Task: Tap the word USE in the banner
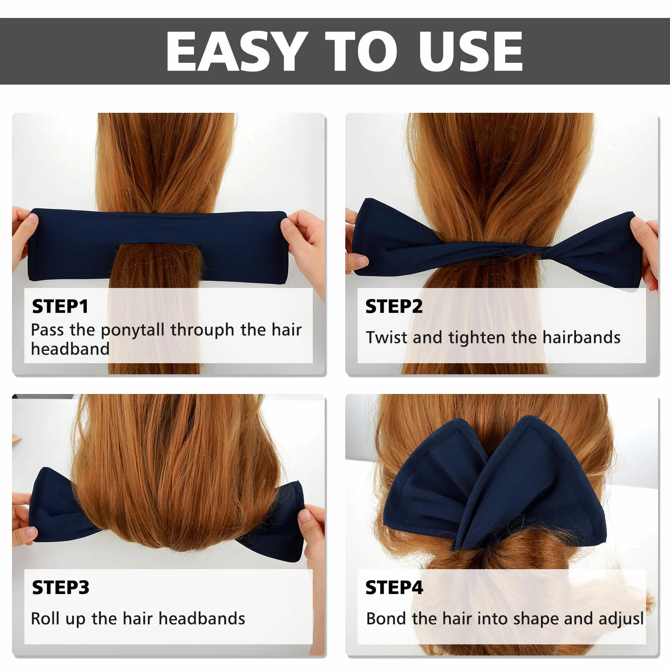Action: (x=470, y=51)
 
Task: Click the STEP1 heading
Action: (x=60, y=306)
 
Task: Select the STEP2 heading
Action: (x=394, y=306)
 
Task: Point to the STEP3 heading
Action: (x=61, y=588)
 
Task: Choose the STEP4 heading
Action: (x=394, y=588)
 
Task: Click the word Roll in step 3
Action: (x=45, y=618)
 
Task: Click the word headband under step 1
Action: (x=71, y=349)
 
